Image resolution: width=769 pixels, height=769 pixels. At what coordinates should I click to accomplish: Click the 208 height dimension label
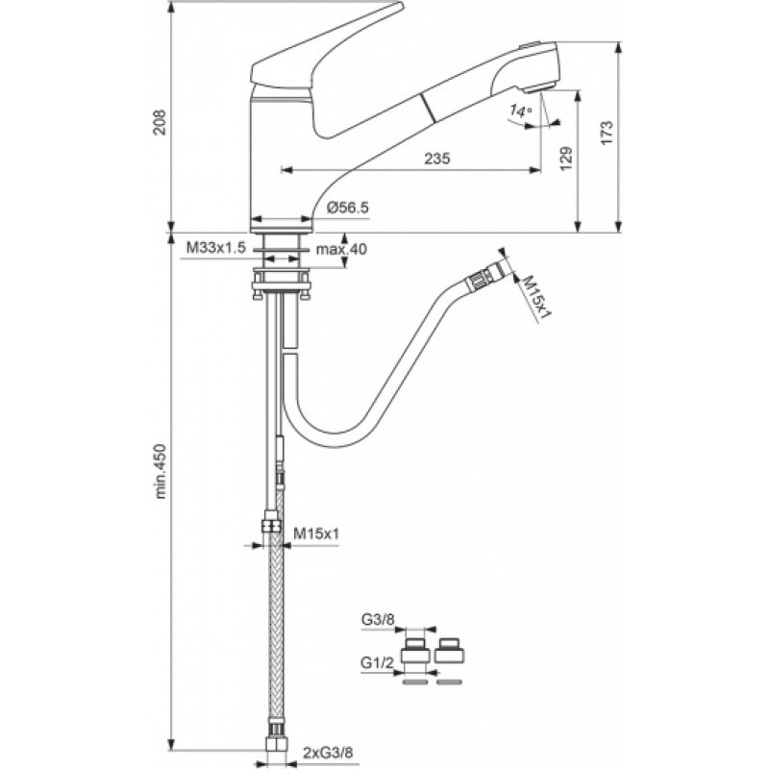[160, 122]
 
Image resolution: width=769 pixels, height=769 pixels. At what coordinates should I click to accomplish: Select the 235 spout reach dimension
[437, 159]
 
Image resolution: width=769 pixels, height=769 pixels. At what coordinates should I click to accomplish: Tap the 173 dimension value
[608, 133]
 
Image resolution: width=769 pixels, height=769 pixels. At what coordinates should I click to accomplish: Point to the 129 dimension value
[565, 158]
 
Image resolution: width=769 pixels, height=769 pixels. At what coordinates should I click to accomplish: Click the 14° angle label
[520, 111]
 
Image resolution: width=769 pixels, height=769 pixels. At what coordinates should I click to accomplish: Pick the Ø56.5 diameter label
[347, 208]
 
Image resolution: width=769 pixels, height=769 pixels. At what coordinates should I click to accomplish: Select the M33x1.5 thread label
[215, 248]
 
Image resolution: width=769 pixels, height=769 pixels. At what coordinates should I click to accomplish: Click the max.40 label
[341, 249]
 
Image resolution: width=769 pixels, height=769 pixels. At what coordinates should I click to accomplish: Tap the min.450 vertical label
[161, 471]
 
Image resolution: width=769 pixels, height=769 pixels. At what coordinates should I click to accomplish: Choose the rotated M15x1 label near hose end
[535, 299]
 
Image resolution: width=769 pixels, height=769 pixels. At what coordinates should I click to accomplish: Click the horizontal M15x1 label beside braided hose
[316, 533]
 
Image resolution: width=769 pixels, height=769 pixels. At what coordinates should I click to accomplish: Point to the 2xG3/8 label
[328, 752]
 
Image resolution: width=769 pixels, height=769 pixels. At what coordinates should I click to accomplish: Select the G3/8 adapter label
[378, 619]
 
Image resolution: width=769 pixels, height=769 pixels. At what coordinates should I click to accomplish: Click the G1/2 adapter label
[378, 663]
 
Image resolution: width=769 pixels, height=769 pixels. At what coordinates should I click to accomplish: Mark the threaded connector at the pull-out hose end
[485, 276]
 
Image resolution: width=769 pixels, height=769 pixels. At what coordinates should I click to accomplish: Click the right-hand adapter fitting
[449, 651]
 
